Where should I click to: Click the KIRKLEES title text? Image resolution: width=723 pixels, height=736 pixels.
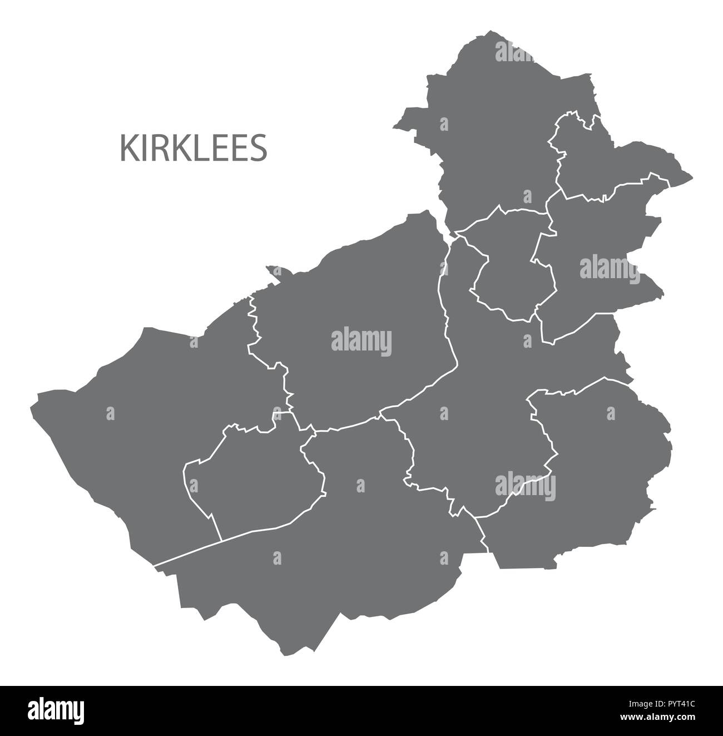(x=194, y=148)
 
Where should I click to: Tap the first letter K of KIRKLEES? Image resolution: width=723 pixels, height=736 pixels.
(x=127, y=148)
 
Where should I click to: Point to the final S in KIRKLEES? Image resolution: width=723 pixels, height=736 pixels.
(x=259, y=148)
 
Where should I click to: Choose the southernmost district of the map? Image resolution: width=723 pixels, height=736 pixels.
(x=334, y=556)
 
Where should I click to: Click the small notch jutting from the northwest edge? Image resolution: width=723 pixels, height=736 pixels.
(x=273, y=270)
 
